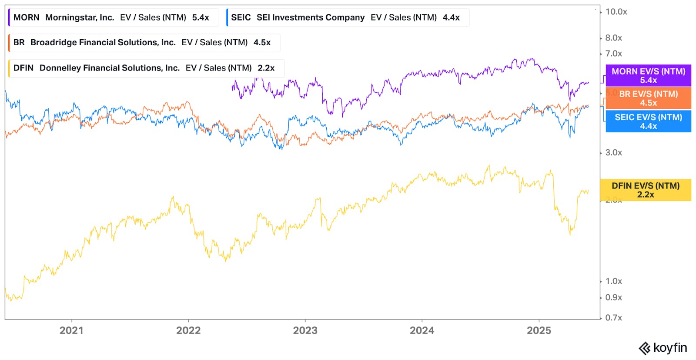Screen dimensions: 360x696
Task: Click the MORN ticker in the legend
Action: click(26, 17)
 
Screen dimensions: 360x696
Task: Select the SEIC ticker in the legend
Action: click(241, 17)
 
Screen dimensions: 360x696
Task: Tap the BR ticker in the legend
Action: click(19, 42)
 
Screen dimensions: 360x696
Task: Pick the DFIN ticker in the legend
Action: click(23, 68)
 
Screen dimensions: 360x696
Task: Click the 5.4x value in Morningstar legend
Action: click(201, 17)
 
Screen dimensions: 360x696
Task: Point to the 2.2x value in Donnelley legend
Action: click(266, 68)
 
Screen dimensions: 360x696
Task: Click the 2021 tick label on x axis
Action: click(71, 330)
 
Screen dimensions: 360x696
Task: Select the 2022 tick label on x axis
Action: click(188, 330)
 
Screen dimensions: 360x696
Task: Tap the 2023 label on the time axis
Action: click(305, 330)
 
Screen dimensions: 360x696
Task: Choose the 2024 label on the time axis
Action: click(422, 330)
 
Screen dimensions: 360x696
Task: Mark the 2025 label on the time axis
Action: click(539, 330)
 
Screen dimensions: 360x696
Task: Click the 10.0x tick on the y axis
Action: click(616, 12)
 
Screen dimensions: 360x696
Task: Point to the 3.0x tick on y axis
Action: click(613, 153)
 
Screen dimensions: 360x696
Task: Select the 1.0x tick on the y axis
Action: click(613, 281)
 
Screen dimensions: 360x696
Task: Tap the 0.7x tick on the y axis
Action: click(613, 318)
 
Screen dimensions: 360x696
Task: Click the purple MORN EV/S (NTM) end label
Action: click(648, 75)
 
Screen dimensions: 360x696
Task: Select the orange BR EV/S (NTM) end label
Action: click(648, 98)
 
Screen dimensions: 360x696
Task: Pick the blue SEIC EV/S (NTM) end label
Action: click(648, 121)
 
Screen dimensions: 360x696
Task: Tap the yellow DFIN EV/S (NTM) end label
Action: click(646, 190)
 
